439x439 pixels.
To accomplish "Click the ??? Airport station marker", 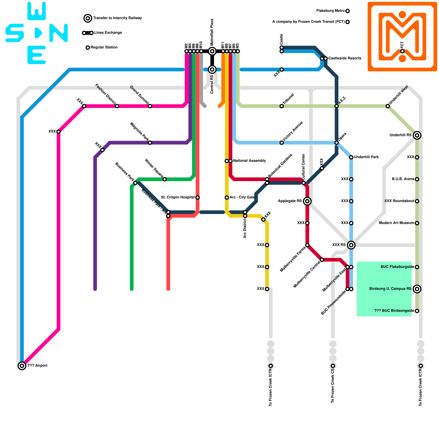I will (x=22, y=366).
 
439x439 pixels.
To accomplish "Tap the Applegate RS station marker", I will (x=307, y=201).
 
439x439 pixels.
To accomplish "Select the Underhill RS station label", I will (x=401, y=135).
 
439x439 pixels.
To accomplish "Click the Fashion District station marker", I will (x=117, y=106).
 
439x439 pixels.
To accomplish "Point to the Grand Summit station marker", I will (x=150, y=106).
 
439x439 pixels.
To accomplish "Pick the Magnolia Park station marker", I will (x=150, y=143).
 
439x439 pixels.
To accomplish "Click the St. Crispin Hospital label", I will (x=178, y=197).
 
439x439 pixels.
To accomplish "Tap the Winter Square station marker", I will (x=165, y=179).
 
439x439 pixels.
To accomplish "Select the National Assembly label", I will (x=249, y=161).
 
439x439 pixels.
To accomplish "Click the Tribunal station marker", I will (x=282, y=106).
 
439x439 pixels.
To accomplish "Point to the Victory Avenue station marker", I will (x=282, y=143).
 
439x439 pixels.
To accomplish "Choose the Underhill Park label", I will (x=366, y=157).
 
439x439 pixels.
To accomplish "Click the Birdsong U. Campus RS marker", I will (x=417, y=289).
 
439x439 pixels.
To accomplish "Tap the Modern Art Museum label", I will (x=396, y=223).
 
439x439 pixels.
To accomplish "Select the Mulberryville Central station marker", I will (x=322, y=260).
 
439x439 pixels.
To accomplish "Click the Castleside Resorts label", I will (x=345, y=58).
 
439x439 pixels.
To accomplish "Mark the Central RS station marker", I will (x=212, y=69).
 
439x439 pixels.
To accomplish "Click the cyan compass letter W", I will (x=36, y=11).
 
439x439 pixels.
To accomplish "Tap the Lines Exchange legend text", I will (x=108, y=33).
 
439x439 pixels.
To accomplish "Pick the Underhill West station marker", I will (x=388, y=106).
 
